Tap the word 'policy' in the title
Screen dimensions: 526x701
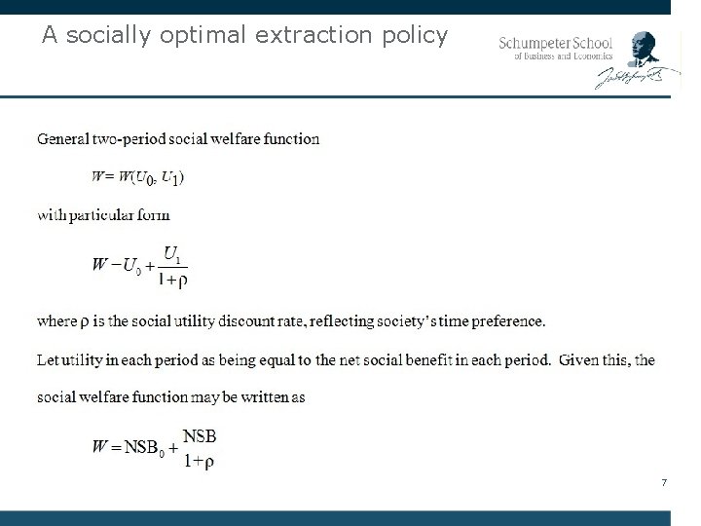(416, 37)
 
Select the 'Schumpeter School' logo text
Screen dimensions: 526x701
(555, 43)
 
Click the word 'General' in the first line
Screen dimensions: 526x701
(64, 138)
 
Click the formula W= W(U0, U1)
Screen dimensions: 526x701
(138, 177)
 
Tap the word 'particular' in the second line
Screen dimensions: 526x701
(108, 215)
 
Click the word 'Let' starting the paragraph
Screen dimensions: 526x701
(47, 360)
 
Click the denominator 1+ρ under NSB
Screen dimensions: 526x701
(200, 462)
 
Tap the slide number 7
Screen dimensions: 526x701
(663, 483)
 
